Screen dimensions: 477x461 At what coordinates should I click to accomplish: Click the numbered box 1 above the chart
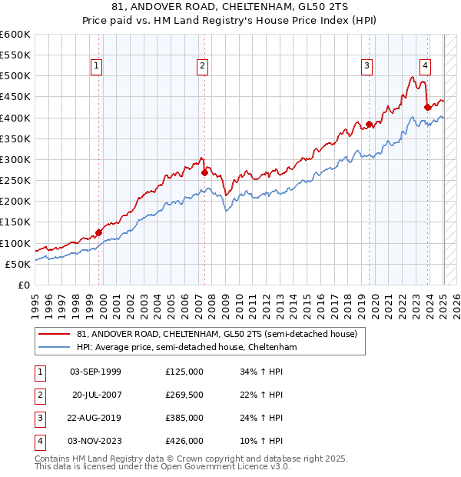[97, 66]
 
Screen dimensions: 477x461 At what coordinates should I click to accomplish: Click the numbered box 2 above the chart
[202, 66]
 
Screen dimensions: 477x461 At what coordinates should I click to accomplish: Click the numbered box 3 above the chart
[367, 66]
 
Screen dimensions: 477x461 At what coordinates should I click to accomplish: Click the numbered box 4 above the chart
[425, 66]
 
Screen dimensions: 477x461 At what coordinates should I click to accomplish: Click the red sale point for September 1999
[98, 232]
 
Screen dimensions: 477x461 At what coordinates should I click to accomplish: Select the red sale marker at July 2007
[204, 172]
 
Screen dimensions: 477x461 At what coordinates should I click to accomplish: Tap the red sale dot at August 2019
[370, 124]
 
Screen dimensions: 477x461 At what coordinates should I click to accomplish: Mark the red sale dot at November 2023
[427, 107]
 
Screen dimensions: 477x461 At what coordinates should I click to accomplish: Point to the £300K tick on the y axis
[15, 159]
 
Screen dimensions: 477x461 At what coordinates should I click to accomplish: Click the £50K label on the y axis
[18, 264]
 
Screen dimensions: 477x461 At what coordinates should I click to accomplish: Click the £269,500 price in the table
[184, 394]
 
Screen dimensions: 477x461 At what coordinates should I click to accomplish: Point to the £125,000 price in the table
[184, 371]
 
